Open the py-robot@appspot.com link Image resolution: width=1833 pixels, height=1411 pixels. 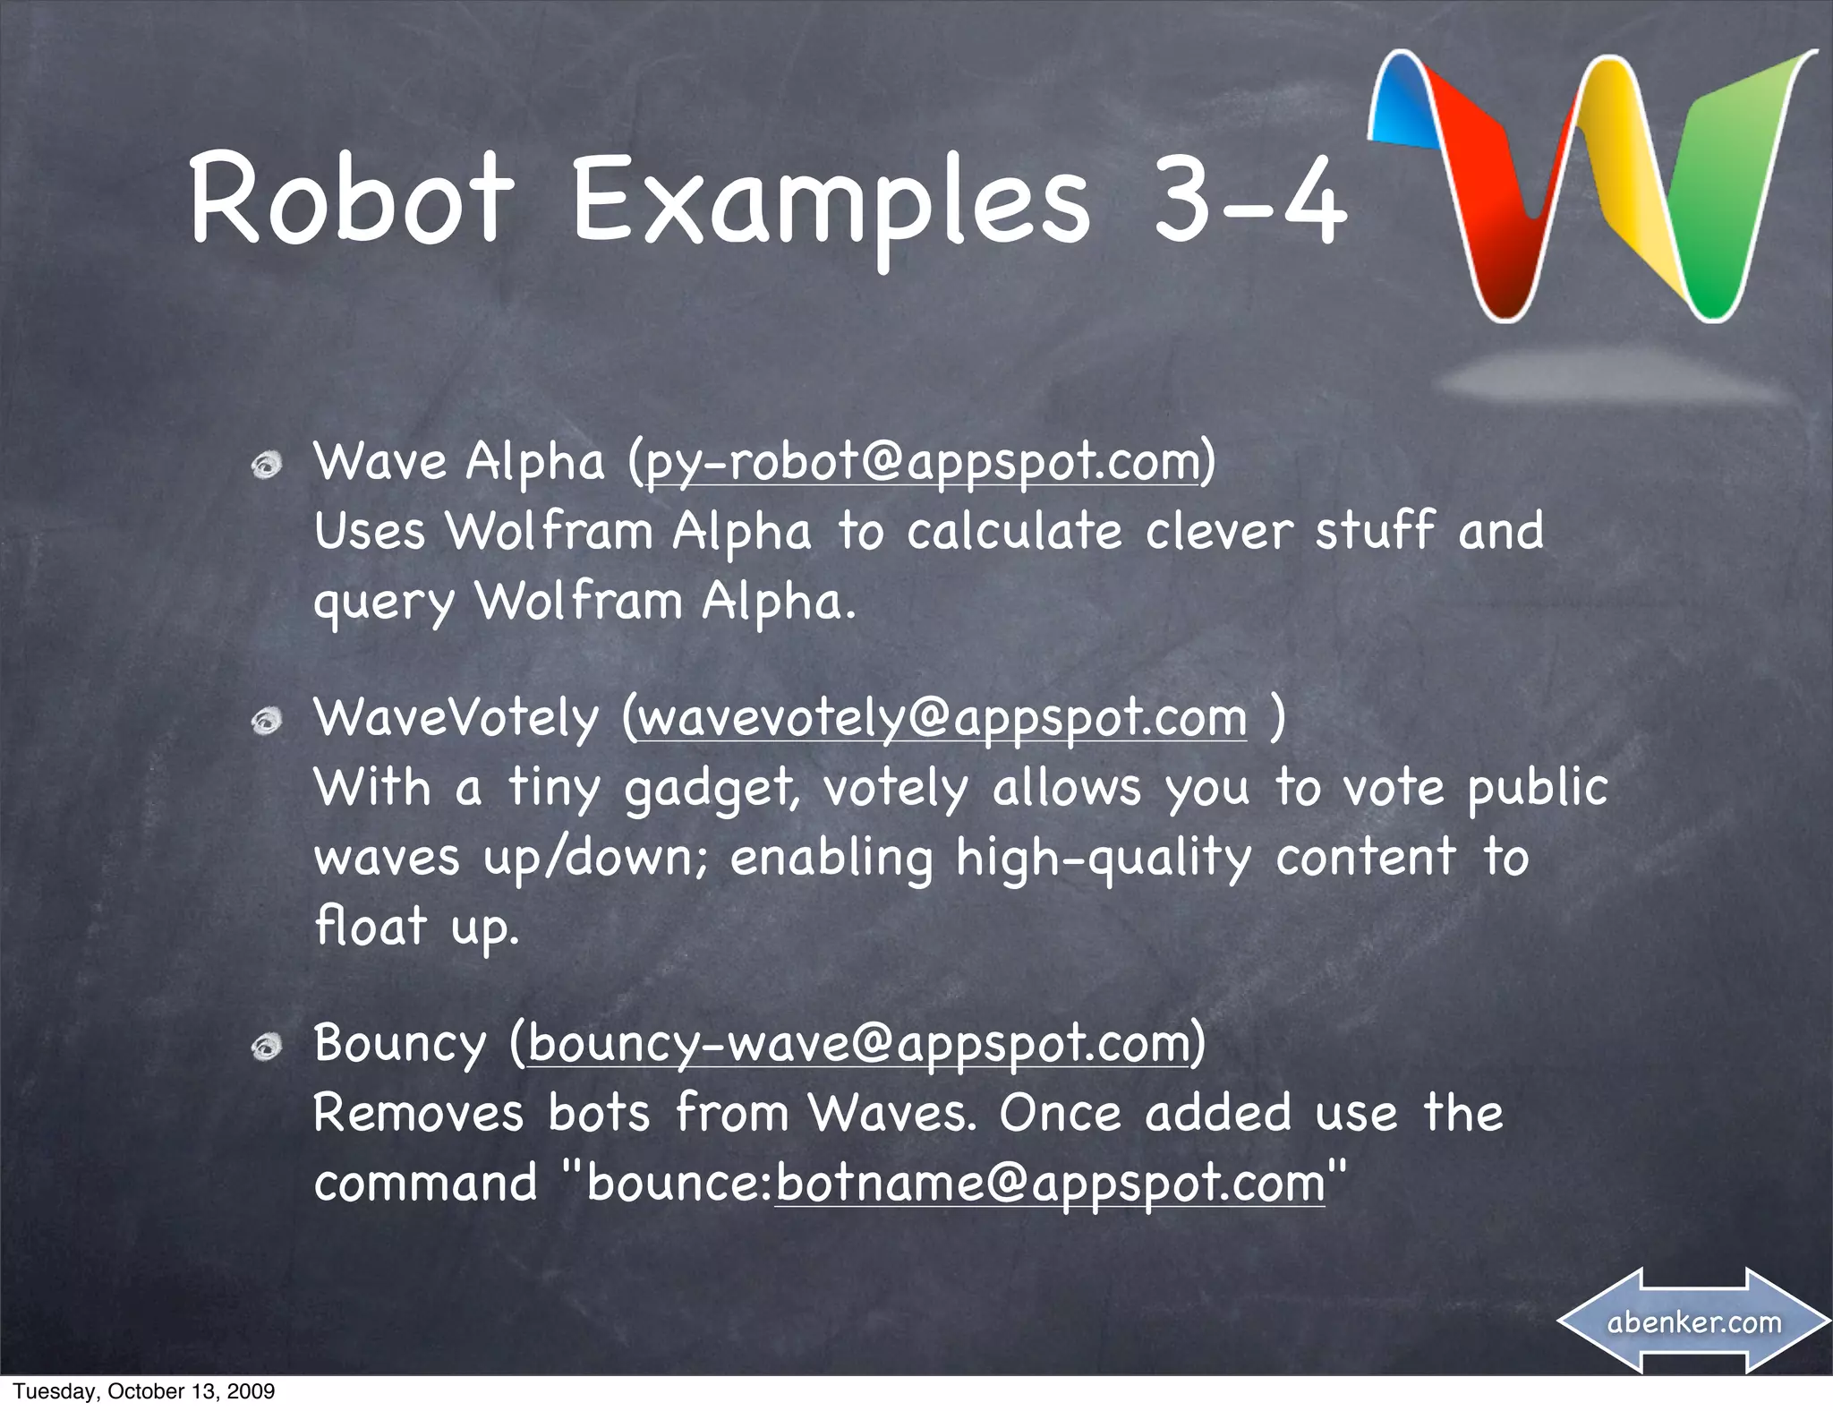(x=922, y=463)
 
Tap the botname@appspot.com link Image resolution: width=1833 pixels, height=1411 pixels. (x=1050, y=1184)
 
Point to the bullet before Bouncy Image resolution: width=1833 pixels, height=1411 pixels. (x=266, y=1047)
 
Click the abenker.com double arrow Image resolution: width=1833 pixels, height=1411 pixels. (x=1694, y=1321)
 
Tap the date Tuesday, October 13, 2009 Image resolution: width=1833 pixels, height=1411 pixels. (x=144, y=1390)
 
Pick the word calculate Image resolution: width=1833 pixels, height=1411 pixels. (x=1014, y=531)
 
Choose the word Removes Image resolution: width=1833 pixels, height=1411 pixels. (x=418, y=1114)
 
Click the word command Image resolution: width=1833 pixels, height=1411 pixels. (x=426, y=1184)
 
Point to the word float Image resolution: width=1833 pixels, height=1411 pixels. (x=371, y=926)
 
